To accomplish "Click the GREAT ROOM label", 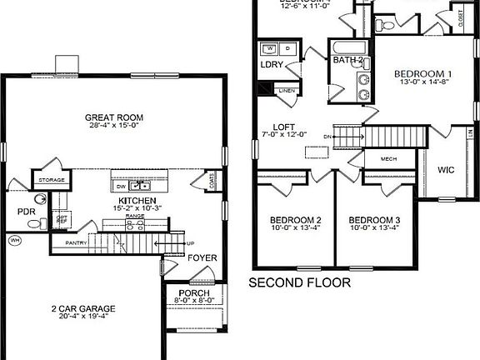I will (x=111, y=117).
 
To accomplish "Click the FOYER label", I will (x=202, y=257).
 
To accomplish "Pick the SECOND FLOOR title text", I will (x=300, y=283).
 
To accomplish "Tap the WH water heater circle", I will (x=14, y=241).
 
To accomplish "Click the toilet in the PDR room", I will (x=39, y=200).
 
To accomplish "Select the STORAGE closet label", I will (x=47, y=180).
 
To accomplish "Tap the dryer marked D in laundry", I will (x=286, y=48).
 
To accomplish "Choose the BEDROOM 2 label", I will (x=296, y=220).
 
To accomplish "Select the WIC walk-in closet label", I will (x=446, y=170).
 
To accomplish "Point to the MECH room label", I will (x=388, y=157).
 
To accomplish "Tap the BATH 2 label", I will (x=348, y=61).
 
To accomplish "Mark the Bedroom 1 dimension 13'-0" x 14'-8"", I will (x=422, y=82).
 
